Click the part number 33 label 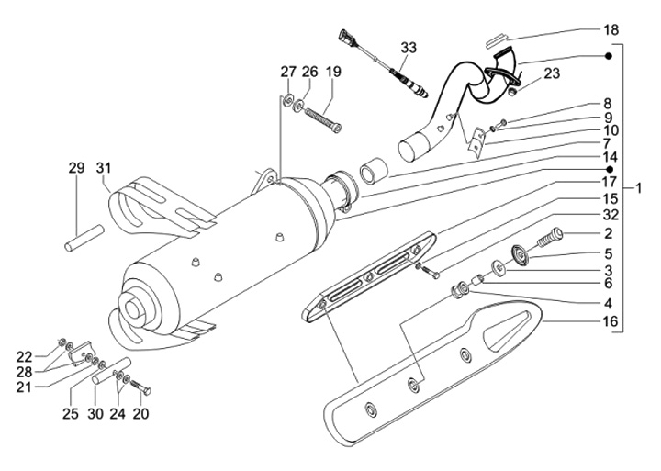point(408,47)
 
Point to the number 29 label point(76,168)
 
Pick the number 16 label point(609,321)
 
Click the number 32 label point(609,214)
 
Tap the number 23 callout point(552,74)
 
